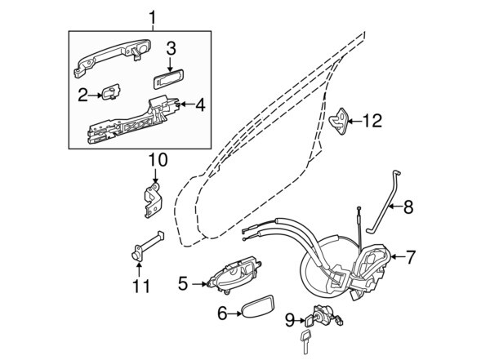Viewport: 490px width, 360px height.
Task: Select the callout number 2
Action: pyautogui.click(x=83, y=95)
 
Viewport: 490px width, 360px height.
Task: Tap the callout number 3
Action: pyautogui.click(x=171, y=48)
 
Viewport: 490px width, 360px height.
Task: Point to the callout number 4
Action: pyautogui.click(x=200, y=104)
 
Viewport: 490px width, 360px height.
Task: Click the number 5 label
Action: pyautogui.click(x=183, y=283)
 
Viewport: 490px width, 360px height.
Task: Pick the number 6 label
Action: pyautogui.click(x=221, y=312)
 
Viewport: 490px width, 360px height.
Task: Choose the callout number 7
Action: pyautogui.click(x=410, y=257)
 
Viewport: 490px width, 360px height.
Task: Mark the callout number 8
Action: pyautogui.click(x=408, y=207)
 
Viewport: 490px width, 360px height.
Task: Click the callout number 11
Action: pyautogui.click(x=142, y=287)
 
